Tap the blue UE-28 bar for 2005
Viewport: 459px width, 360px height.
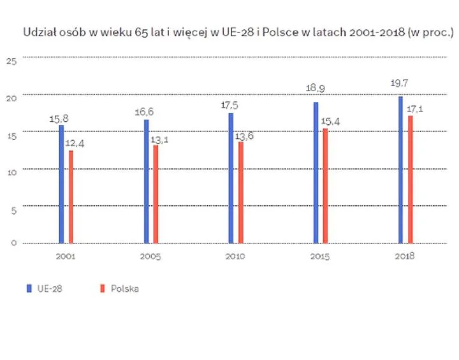[x=147, y=181]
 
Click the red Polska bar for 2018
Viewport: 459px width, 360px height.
[x=410, y=179]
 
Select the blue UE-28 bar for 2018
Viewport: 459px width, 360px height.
[x=400, y=169]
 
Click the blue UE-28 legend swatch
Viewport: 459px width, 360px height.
[x=28, y=289]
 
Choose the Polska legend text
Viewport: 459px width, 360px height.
[x=124, y=289]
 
